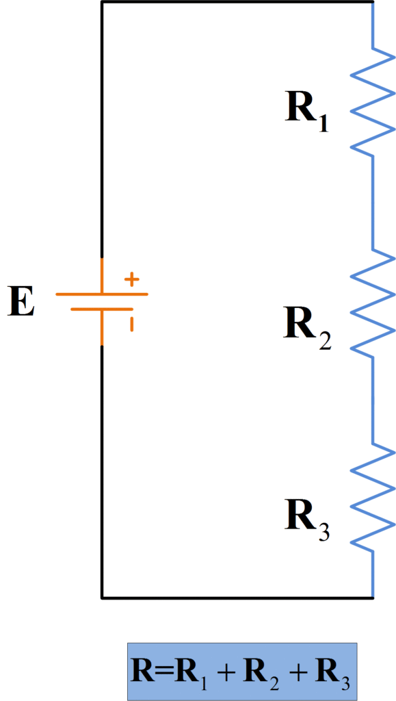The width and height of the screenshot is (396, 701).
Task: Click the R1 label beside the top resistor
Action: (x=307, y=110)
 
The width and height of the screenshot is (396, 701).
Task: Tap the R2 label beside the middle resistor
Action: (x=307, y=327)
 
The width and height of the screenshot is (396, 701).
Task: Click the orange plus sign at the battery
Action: (x=131, y=279)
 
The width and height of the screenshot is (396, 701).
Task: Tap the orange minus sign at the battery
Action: (x=131, y=322)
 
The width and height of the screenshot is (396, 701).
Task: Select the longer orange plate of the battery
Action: (x=101, y=294)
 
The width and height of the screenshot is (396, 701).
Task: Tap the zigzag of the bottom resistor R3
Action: (x=373, y=497)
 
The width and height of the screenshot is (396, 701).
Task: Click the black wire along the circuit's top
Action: (x=236, y=2)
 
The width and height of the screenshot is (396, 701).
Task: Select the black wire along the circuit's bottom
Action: (x=236, y=598)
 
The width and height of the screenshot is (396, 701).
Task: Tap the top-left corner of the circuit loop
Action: (x=102, y=3)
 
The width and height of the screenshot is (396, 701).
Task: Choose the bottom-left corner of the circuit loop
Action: (x=102, y=598)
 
